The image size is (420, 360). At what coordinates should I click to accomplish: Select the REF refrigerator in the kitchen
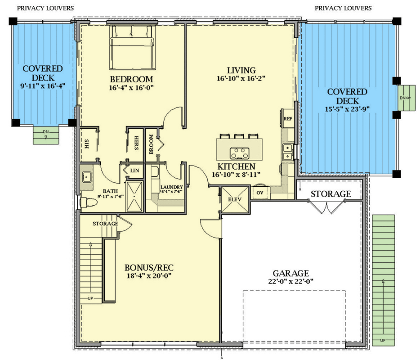[x=287, y=119]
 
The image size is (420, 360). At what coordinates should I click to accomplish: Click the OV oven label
[x=260, y=193]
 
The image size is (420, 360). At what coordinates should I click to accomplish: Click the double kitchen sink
[x=287, y=151]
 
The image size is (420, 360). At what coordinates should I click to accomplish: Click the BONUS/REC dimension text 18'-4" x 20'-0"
[x=148, y=275]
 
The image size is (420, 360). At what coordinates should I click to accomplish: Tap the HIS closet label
[x=86, y=144]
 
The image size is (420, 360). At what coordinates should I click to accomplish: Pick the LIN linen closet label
[x=134, y=171]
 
